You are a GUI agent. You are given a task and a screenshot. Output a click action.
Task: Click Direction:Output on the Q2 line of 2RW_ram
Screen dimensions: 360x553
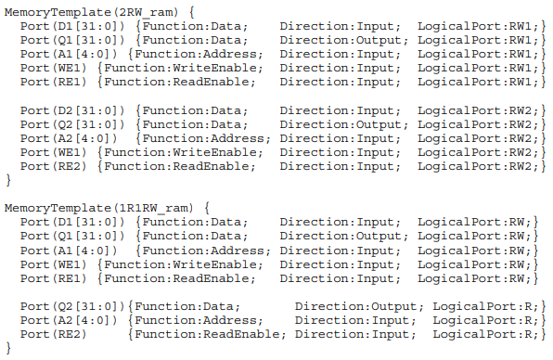340,124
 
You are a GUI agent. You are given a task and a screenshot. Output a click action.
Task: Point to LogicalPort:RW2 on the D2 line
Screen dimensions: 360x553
473,110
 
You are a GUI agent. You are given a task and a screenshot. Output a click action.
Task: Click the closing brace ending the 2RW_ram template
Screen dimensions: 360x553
9,180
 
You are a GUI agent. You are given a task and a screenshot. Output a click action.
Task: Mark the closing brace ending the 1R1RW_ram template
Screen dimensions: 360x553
9,347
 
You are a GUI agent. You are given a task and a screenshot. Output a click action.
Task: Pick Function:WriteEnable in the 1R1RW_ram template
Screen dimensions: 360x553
184,264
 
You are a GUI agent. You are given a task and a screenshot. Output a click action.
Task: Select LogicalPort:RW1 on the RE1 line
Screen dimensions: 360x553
473,83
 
